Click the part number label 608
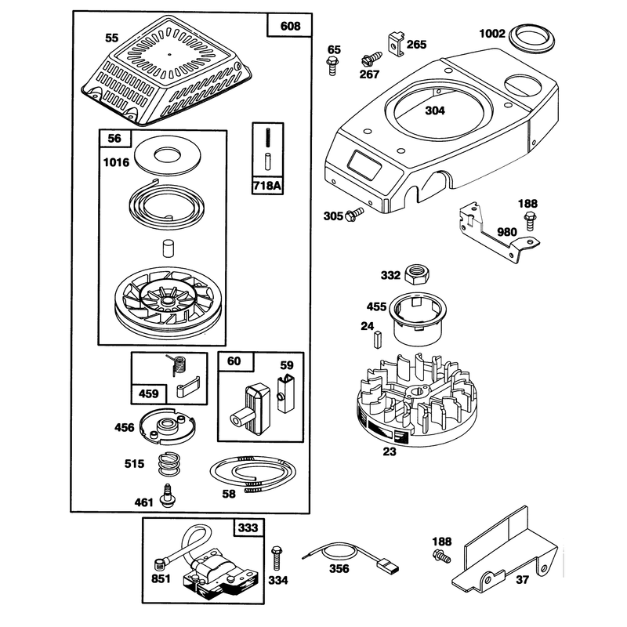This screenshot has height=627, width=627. [x=290, y=27]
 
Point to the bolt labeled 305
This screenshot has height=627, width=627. [x=355, y=214]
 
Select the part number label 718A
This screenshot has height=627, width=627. [x=267, y=186]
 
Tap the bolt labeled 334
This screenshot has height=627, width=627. [x=277, y=557]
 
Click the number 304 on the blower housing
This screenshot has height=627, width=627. [x=435, y=111]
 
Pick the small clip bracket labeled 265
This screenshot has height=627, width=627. [x=396, y=45]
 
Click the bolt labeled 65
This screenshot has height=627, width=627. [x=332, y=66]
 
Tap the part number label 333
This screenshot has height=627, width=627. [x=248, y=527]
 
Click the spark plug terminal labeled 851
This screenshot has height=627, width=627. [x=160, y=565]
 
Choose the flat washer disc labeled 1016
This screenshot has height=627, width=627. [x=166, y=155]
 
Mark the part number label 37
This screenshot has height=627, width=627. [x=522, y=579]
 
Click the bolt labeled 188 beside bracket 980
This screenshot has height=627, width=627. [x=530, y=222]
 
